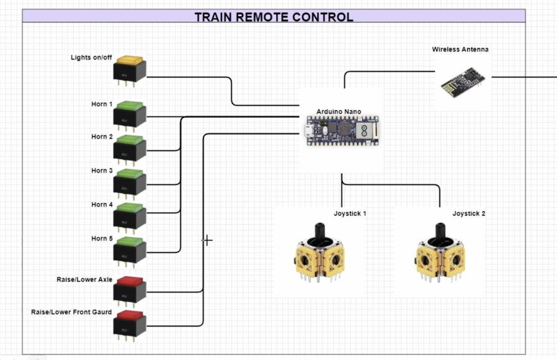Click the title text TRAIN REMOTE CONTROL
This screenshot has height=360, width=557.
click(x=274, y=17)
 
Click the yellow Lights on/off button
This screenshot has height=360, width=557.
click(x=129, y=69)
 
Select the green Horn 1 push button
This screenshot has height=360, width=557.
click(x=129, y=114)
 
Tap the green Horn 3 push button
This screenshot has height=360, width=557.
click(x=129, y=181)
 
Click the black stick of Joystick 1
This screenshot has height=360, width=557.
click(x=321, y=233)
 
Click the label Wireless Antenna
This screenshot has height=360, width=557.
click(x=460, y=49)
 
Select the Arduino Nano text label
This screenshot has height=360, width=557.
click(x=339, y=112)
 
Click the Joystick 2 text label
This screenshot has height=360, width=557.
click(x=468, y=214)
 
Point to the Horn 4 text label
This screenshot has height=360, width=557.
click(x=102, y=204)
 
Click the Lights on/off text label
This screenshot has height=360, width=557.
click(x=91, y=58)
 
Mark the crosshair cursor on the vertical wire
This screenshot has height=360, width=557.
click(x=207, y=240)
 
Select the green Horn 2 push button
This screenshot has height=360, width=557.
click(x=129, y=147)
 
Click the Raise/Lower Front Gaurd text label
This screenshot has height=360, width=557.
click(x=71, y=312)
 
